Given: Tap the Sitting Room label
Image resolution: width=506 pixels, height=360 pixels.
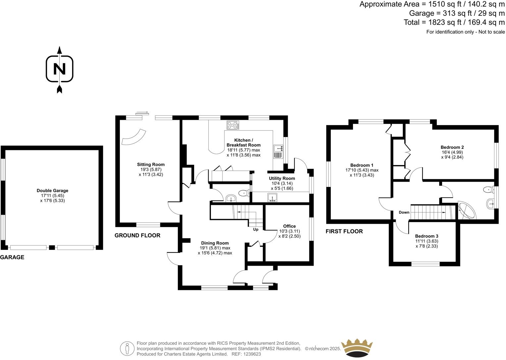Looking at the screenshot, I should click(x=151, y=164).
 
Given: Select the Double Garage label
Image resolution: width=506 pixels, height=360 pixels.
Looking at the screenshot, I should click(x=52, y=191).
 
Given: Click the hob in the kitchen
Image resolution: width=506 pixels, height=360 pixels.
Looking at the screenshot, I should click(x=233, y=125).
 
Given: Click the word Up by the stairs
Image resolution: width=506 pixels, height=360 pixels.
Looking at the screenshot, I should click(x=256, y=229).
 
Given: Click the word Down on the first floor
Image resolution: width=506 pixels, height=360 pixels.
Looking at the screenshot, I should click(x=404, y=212).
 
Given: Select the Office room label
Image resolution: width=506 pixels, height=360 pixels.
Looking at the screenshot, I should click(x=289, y=226).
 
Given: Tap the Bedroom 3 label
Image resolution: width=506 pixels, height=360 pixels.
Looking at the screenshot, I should click(x=427, y=236).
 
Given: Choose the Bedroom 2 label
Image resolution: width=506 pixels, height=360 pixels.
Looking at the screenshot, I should click(x=452, y=147).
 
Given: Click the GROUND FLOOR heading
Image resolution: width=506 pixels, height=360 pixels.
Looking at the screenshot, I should click(x=137, y=236).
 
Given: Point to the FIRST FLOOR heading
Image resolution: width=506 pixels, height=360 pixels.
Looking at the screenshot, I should click(x=344, y=232).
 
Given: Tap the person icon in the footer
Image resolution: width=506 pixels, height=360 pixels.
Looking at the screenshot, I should click(x=127, y=348).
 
